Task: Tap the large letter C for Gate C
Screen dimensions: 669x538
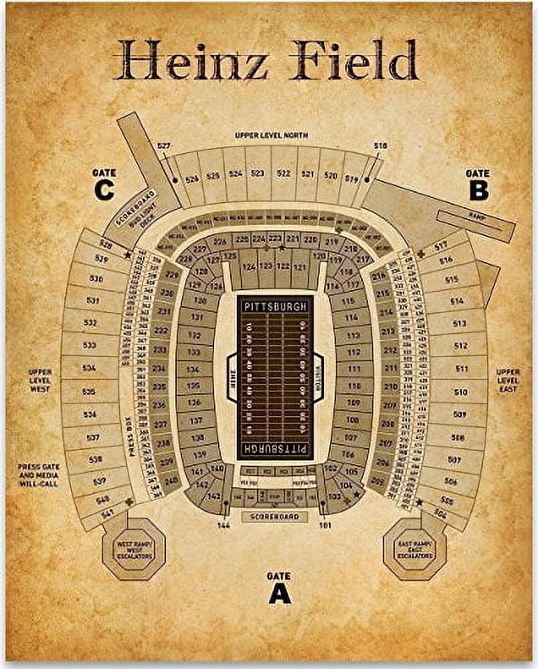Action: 104,191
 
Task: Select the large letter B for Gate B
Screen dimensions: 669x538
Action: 478,191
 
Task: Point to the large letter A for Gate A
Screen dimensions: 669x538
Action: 279,593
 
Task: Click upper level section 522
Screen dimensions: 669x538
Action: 283,174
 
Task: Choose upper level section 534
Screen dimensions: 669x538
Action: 89,369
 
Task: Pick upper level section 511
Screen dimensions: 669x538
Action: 460,369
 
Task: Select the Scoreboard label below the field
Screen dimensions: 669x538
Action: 274,516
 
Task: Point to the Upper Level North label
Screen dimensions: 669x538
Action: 271,135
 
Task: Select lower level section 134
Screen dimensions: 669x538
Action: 194,369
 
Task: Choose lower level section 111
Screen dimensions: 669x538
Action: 354,369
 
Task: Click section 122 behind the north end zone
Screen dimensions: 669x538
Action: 283,266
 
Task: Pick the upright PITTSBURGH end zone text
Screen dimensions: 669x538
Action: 275,306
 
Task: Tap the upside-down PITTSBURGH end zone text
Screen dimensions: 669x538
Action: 275,448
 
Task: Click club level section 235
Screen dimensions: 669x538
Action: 159,386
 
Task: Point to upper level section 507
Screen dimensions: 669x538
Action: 454,461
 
